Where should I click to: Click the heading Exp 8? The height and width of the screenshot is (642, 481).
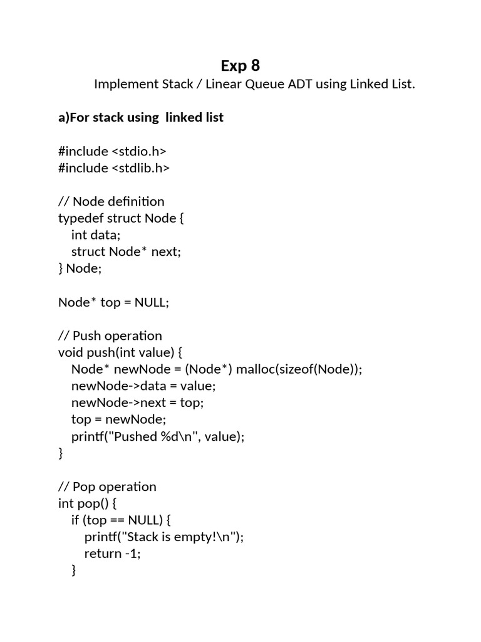[x=240, y=65]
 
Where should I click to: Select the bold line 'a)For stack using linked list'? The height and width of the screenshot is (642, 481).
[x=141, y=117]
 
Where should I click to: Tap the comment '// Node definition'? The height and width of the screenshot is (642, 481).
[x=111, y=201]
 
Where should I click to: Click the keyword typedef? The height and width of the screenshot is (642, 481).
[x=81, y=218]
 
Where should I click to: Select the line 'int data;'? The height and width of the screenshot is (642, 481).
[x=95, y=235]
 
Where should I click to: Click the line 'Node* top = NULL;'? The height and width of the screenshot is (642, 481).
[x=114, y=302]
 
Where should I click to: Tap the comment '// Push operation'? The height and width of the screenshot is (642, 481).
[x=110, y=335]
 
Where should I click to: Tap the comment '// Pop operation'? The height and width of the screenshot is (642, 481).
[x=107, y=487]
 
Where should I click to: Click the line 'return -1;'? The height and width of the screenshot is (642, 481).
[x=113, y=554]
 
